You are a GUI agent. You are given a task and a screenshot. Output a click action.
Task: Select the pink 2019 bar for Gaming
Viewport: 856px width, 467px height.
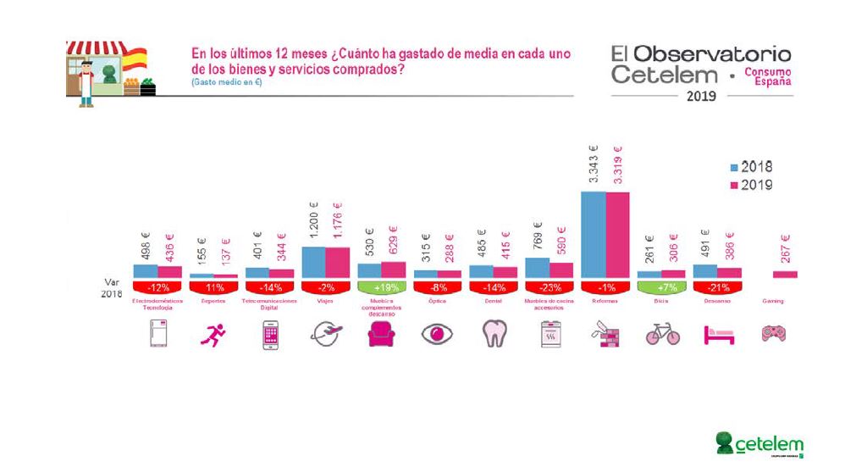point(786,274)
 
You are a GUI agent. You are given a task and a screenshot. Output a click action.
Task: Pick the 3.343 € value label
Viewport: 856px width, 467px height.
point(594,171)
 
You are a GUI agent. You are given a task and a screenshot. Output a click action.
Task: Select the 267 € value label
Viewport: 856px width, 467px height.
point(786,250)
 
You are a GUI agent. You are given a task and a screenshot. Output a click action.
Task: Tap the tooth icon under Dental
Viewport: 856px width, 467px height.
point(494,335)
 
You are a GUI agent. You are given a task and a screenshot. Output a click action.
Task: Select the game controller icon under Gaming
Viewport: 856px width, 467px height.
point(774,333)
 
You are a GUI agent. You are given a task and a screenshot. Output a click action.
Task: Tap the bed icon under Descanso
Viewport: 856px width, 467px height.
point(718,335)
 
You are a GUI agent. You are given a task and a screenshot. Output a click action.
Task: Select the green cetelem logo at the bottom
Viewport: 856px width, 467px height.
point(759,442)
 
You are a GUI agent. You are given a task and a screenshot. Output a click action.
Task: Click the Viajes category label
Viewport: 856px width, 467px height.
point(326,301)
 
